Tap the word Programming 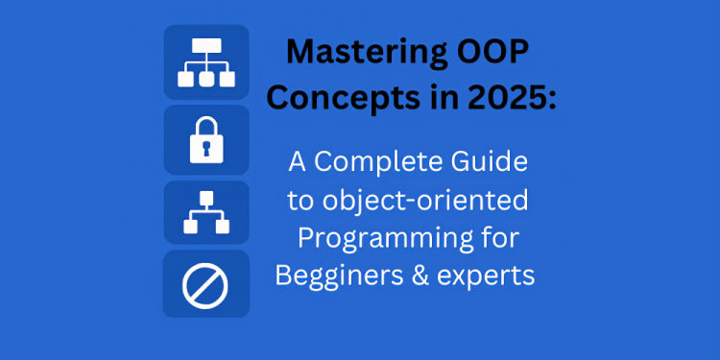click(382, 239)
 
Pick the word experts click(486, 276)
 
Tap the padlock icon click(206, 140)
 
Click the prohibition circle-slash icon click(206, 284)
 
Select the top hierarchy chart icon click(206, 62)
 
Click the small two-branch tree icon click(206, 212)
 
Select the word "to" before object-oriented click(302, 202)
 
